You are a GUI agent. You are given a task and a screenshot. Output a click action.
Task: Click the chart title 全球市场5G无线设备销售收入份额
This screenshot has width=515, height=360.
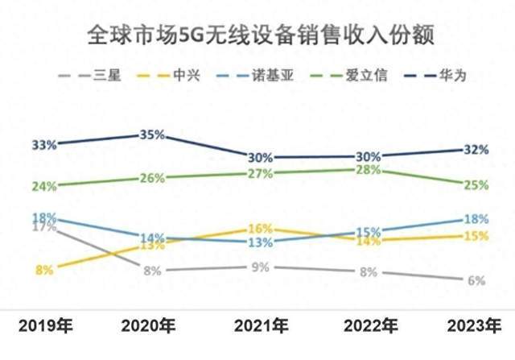257,35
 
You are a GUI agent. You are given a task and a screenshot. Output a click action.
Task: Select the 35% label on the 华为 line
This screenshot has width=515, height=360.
152,134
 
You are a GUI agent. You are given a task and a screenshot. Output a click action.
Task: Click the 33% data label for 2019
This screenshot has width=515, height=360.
44,145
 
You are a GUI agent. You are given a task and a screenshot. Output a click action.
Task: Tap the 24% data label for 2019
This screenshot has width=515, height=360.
44,186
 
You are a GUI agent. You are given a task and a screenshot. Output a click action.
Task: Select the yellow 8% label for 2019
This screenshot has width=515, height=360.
44,271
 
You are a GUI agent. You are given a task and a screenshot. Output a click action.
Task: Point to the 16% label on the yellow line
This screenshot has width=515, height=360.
261,229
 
